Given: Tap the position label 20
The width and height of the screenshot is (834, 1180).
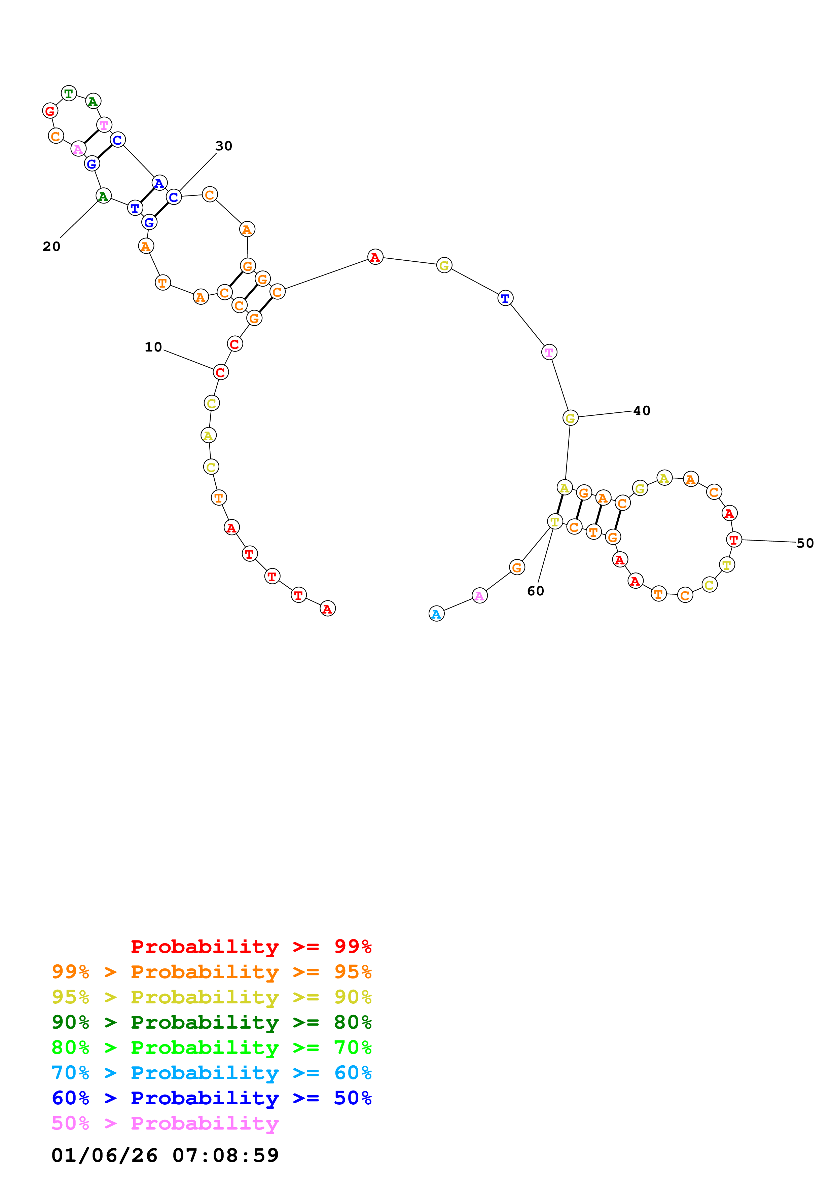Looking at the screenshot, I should click(x=51, y=246).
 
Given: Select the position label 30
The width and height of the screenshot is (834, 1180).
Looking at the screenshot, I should click(x=223, y=146).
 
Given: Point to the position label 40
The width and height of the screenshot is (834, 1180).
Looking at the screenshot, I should click(x=642, y=411).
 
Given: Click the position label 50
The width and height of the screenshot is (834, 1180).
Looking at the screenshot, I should click(x=805, y=543).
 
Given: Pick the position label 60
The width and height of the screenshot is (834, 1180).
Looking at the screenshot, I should click(x=536, y=591).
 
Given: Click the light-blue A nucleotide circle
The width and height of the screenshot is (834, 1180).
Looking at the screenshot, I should click(x=436, y=614).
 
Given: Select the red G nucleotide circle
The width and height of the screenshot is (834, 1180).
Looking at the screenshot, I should click(x=50, y=110).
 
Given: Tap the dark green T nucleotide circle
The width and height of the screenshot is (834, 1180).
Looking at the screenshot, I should click(x=69, y=94).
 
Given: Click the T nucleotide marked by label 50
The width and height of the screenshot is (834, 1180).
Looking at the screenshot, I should click(x=734, y=540).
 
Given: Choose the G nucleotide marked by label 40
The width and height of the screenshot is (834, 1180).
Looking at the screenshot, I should click(x=570, y=418).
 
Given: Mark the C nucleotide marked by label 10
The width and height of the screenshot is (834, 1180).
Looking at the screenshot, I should click(x=220, y=372).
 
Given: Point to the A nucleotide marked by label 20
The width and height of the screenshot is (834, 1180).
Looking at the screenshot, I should click(x=103, y=196).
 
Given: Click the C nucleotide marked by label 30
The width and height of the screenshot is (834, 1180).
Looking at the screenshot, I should click(x=174, y=197).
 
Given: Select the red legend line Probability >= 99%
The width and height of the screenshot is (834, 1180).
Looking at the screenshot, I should click(x=251, y=946).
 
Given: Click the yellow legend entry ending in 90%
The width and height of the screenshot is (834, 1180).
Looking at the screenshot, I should click(x=211, y=997).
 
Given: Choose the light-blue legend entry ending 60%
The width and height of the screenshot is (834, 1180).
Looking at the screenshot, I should click(x=211, y=1073).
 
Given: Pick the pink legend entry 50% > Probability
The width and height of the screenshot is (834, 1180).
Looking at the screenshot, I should click(x=165, y=1123).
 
